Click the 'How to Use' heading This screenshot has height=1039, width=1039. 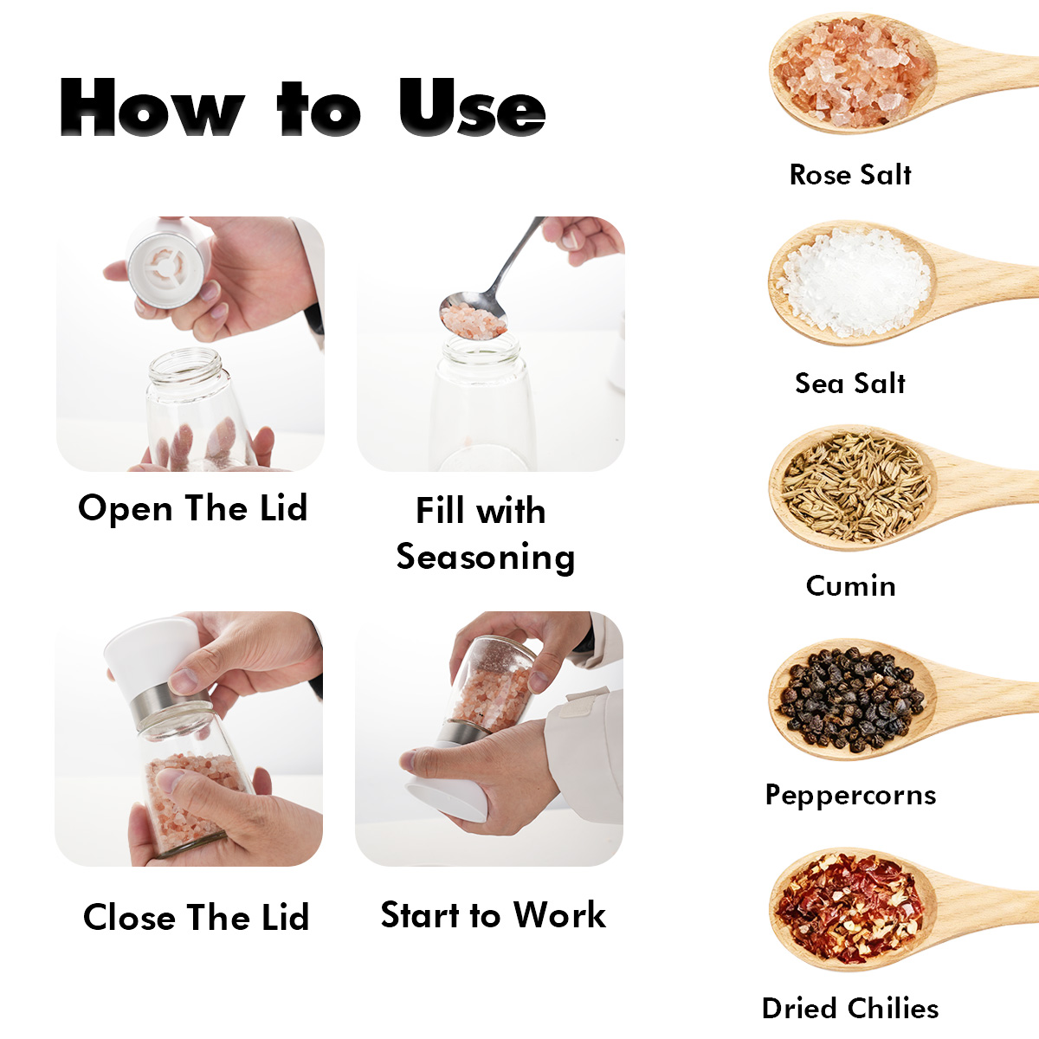pyautogui.click(x=302, y=106)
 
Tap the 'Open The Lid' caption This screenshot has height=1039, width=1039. pyautogui.click(x=192, y=508)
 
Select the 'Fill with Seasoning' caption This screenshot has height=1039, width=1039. pyautogui.click(x=485, y=534)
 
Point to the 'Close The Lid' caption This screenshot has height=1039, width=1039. pyautogui.click(x=196, y=917)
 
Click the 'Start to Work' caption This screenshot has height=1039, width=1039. pyautogui.click(x=493, y=915)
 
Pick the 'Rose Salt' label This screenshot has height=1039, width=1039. pyautogui.click(x=849, y=175)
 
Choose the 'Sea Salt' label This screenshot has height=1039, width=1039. pyautogui.click(x=849, y=384)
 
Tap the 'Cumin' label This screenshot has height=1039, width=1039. pyautogui.click(x=850, y=585)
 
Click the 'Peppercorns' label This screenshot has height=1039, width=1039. pyautogui.click(x=850, y=795)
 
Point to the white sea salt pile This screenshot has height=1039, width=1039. pyautogui.click(x=853, y=281)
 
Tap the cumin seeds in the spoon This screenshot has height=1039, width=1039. pyautogui.click(x=854, y=487)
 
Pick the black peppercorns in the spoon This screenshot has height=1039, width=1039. pyautogui.click(x=851, y=700)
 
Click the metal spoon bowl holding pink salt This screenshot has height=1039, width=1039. pyautogui.click(x=473, y=315)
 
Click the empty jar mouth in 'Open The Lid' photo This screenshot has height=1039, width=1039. pyautogui.click(x=185, y=365)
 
